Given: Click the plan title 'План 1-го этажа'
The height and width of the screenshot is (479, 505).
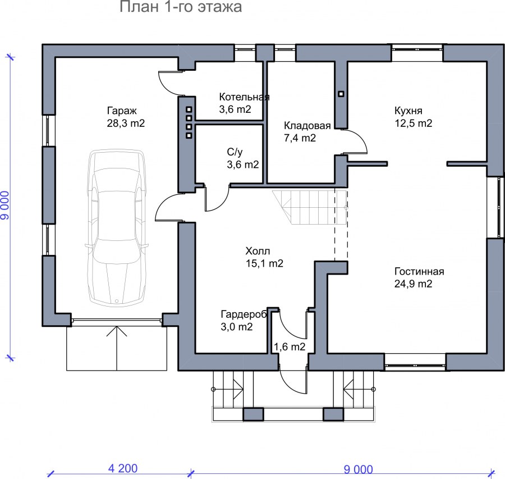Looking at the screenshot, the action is pos(181,7).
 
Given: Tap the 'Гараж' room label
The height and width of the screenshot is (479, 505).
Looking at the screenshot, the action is pos(122,111).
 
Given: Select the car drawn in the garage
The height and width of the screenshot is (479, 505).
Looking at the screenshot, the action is pos(116,227).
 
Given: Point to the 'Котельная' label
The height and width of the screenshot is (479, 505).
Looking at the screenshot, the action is pos(244,97).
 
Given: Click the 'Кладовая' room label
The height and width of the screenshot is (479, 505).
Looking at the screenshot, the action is pos(307,125).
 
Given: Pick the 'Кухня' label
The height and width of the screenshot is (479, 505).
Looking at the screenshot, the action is pos(408,111).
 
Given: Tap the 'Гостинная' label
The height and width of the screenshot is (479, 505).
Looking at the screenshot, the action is pos(419,271).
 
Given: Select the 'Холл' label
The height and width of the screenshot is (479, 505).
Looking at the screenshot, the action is pos(258,251).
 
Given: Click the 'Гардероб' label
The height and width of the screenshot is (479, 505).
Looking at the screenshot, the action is pos(244,314).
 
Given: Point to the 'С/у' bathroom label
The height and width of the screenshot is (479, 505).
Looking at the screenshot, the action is pos(235,152).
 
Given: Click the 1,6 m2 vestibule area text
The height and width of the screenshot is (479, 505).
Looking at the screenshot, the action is pos(290,347).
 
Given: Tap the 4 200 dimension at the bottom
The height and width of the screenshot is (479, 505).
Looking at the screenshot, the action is pos(123,468).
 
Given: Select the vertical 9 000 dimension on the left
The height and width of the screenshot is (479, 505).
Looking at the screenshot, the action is pos(5,206).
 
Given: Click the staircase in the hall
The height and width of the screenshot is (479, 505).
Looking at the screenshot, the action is pos(310,207).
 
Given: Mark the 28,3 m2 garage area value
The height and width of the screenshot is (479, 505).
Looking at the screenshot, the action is pos(126,123).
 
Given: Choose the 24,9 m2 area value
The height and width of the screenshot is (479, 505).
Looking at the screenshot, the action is pos(413,284).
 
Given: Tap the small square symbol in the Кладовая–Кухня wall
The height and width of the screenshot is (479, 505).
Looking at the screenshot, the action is pos(341,94).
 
